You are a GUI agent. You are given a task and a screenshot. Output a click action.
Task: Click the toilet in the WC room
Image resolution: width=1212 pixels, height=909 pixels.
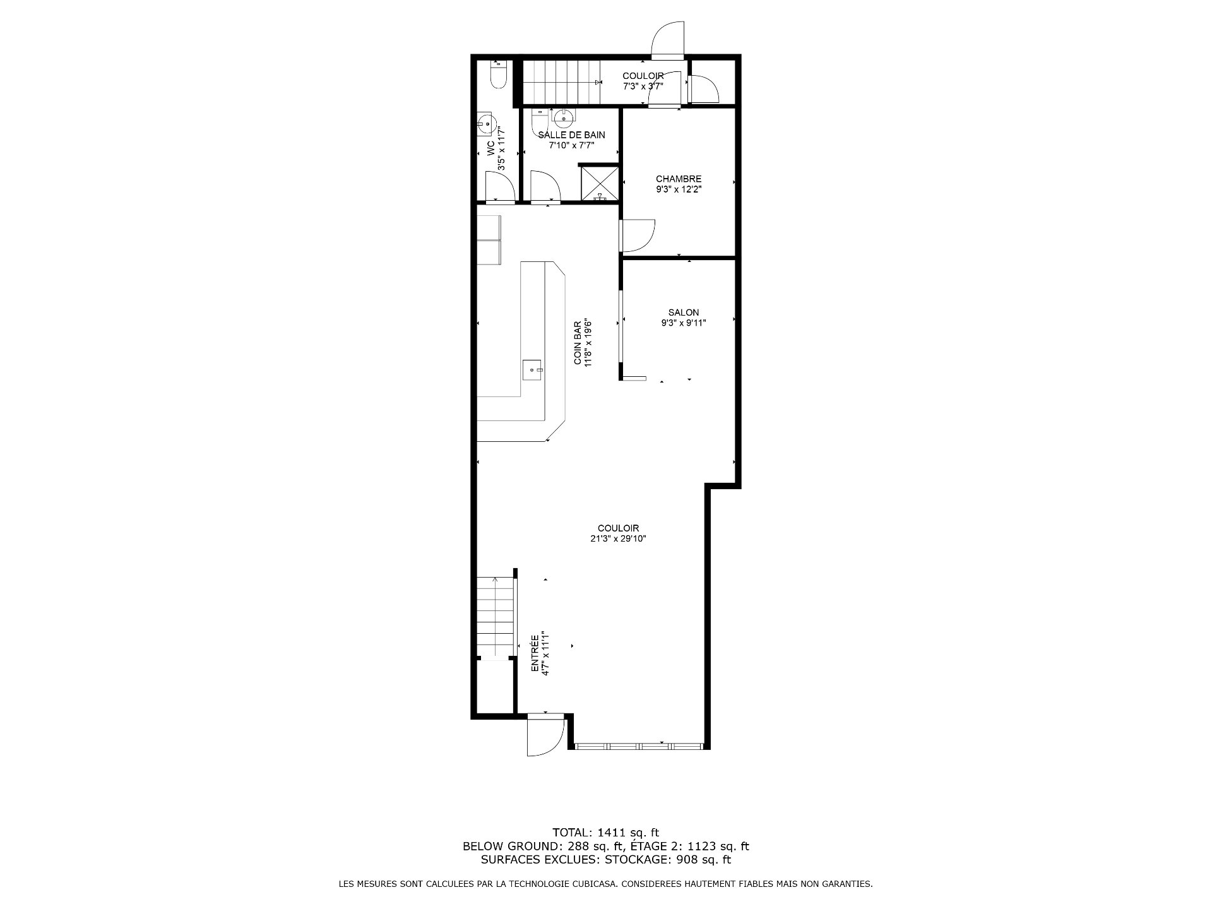(x=498, y=74)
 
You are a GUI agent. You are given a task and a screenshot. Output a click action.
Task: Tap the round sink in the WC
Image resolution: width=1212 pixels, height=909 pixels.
(x=487, y=124)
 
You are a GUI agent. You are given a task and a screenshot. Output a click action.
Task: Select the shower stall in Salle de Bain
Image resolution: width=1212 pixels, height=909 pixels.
(x=599, y=183)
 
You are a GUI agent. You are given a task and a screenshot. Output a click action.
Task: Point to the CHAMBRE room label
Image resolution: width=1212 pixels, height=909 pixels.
(x=679, y=179)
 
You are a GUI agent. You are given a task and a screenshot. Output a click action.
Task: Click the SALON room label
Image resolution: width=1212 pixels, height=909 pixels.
(x=684, y=312)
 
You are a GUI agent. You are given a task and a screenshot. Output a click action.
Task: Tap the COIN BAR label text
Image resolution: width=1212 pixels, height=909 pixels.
(x=578, y=343)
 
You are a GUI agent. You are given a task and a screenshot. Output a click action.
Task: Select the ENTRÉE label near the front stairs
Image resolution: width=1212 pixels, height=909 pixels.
(x=535, y=653)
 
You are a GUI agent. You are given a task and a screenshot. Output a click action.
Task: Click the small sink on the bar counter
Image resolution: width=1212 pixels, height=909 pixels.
(x=533, y=370)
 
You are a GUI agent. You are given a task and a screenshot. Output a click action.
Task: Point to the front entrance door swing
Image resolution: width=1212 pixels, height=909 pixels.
(x=545, y=735)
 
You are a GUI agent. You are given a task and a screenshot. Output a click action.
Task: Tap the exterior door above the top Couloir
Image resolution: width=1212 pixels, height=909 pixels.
(x=668, y=39)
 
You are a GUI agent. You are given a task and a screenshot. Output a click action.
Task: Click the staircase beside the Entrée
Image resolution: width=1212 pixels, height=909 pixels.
(x=496, y=617)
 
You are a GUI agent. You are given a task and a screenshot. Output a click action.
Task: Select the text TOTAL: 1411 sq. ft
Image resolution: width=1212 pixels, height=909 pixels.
(x=605, y=833)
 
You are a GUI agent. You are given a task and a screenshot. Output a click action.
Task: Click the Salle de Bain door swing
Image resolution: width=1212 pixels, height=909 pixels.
(x=545, y=187)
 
